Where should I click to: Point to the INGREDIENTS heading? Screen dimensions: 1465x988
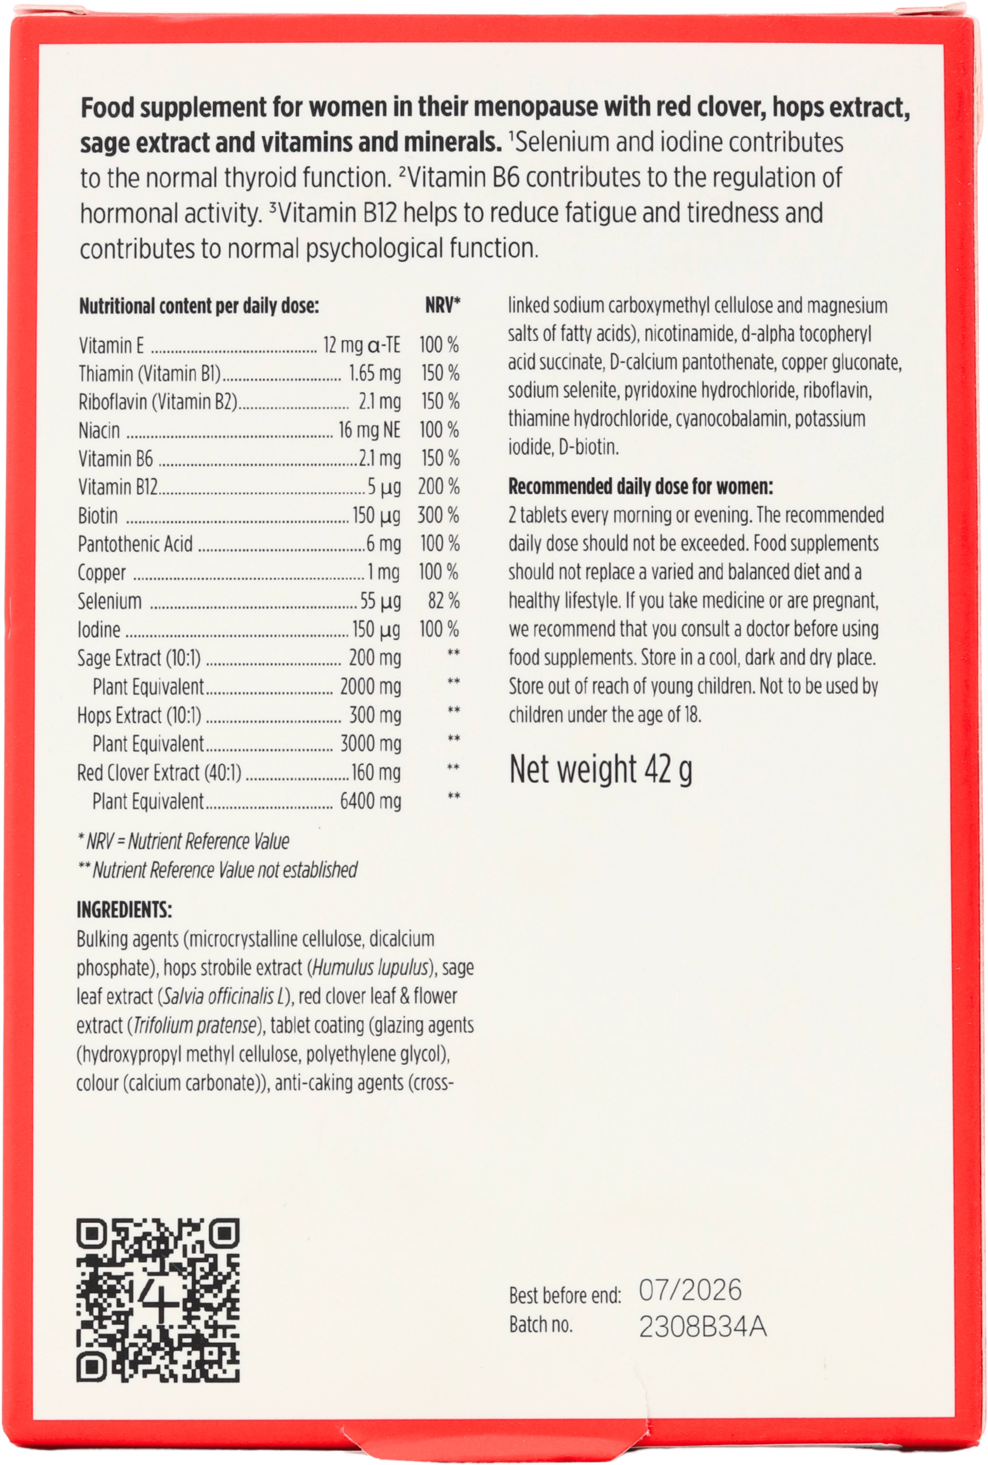click(x=124, y=910)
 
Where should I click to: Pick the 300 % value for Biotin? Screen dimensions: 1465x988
click(x=439, y=516)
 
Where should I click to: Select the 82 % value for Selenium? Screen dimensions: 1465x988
click(x=444, y=601)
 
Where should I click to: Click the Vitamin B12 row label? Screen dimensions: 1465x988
click(x=118, y=487)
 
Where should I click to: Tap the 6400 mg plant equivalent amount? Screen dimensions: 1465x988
click(x=371, y=801)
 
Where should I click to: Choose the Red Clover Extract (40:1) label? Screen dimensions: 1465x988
click(x=159, y=772)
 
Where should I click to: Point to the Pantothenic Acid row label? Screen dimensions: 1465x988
click(x=136, y=544)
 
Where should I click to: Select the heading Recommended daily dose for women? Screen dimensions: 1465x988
click(x=640, y=487)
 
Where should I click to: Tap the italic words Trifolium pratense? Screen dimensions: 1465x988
click(x=196, y=1025)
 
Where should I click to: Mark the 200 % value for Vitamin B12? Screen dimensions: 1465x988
click(x=439, y=487)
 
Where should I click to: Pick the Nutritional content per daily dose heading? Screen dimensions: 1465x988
click(x=199, y=306)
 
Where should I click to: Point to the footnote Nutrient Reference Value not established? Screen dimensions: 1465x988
click(x=224, y=870)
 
